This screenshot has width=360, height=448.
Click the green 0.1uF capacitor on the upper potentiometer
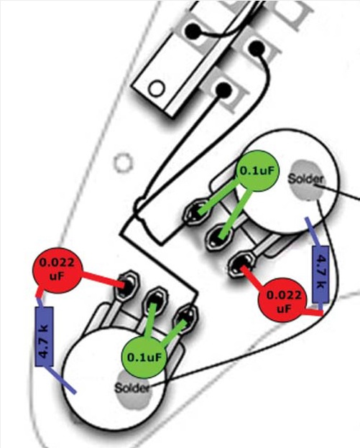coord(257,171)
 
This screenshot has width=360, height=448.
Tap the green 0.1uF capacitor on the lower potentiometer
coord(144,357)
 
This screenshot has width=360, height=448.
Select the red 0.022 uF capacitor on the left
coord(58,271)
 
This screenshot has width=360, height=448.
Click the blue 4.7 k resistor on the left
coord(45,337)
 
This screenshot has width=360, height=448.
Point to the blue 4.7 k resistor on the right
coord(321,274)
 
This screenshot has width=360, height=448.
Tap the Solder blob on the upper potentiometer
coord(305,179)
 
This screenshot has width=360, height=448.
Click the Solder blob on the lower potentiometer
coord(133,388)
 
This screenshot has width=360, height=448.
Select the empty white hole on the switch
coord(157,88)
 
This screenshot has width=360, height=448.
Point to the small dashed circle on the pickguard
coord(123,163)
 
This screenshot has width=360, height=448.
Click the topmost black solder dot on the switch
coord(192,30)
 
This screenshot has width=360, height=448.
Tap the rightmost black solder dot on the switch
coord(257,47)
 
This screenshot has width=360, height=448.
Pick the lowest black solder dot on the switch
coord(223,90)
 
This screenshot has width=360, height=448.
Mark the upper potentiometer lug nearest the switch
coord(197,212)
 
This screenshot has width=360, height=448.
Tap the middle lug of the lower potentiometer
coord(155,300)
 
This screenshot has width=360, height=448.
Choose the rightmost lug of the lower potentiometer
coord(186,318)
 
